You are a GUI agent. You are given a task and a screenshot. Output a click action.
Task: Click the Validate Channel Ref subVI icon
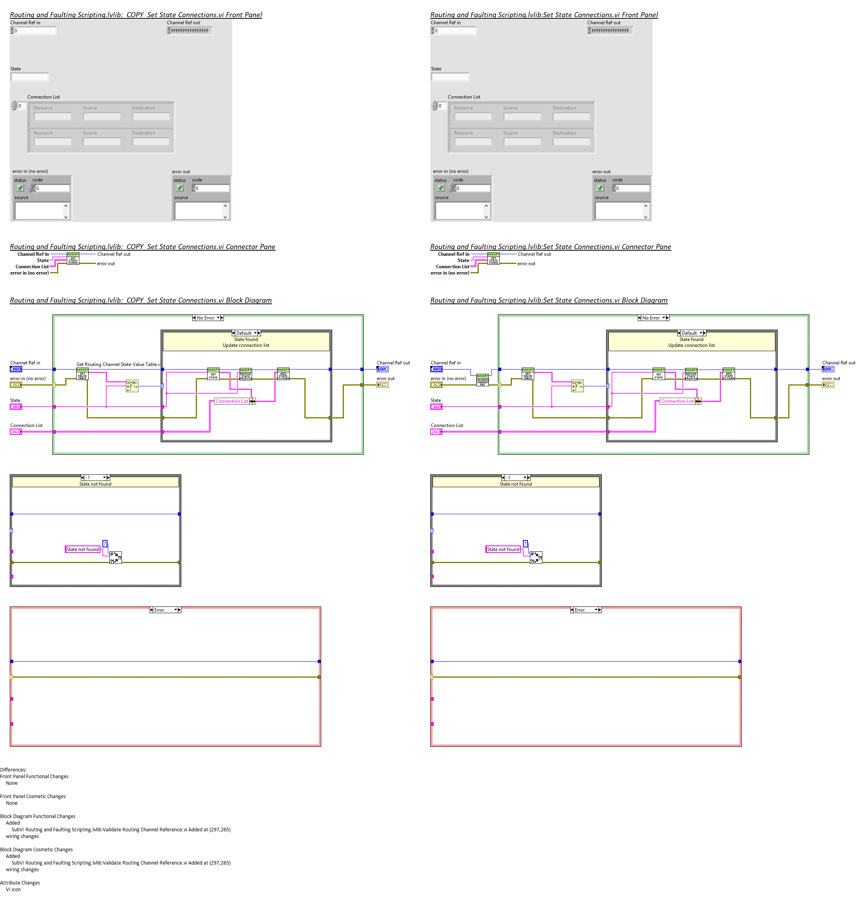click(x=482, y=380)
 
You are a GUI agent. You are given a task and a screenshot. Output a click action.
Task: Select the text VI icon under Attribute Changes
click(x=13, y=889)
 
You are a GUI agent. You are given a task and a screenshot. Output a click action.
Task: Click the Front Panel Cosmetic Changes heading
click(x=33, y=796)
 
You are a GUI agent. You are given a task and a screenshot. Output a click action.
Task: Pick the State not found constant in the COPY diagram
click(x=82, y=549)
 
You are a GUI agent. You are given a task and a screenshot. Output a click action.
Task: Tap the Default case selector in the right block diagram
click(x=691, y=333)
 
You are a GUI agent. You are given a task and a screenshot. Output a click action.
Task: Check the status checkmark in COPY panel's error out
click(x=180, y=188)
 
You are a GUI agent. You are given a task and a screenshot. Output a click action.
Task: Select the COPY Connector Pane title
click(x=142, y=247)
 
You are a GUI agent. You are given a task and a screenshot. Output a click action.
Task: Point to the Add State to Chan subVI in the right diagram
click(x=728, y=373)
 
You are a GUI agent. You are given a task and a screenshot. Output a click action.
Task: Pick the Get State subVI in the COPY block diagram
click(x=213, y=373)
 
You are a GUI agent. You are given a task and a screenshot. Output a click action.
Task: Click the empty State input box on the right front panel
click(x=450, y=77)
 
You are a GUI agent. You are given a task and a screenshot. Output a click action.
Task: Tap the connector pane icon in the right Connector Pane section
click(x=494, y=258)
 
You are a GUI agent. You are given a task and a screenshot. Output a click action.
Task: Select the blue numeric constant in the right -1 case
click(x=525, y=544)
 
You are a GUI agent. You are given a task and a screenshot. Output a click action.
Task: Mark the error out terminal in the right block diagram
click(x=828, y=385)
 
